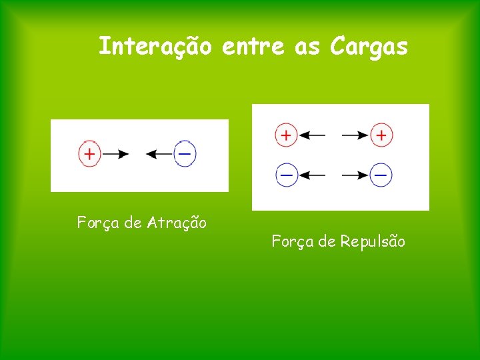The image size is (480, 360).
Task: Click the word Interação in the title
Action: point(155,47)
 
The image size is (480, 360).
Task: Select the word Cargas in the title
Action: point(368,47)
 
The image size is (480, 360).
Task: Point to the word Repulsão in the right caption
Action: point(372,241)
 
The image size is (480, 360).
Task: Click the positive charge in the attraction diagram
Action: point(89,154)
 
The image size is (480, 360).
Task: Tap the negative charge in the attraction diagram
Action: point(185,154)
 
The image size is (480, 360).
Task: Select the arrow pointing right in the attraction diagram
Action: point(115,154)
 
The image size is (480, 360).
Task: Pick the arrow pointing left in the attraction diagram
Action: point(159,154)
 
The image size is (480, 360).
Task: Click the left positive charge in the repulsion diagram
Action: point(285,135)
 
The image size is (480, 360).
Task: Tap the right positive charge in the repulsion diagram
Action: point(381,135)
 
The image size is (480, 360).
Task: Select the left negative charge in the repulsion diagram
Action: point(285,175)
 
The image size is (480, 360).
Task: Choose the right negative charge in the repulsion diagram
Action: point(381,175)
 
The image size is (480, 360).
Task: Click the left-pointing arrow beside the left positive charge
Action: point(311,135)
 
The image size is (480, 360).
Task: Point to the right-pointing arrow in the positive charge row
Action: point(355,135)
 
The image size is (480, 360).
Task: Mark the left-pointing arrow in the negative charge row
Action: point(311,175)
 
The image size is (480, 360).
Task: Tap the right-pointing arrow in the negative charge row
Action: point(355,175)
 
